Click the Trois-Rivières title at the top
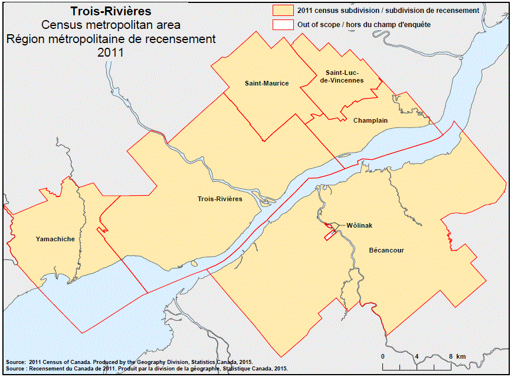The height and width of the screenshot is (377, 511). pos(110,11)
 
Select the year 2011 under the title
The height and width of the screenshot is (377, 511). pos(110,52)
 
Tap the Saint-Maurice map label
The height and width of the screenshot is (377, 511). pos(267,83)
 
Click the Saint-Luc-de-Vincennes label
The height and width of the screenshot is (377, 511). pos(340,76)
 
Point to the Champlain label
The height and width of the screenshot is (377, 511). pos(370,120)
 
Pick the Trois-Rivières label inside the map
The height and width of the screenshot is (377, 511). pos(220,199)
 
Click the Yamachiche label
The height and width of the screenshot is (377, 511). pos(55,239)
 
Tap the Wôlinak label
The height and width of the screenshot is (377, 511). pos(359,225)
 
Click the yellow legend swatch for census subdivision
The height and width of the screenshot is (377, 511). pos(283,11)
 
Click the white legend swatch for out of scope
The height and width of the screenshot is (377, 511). pos(283,25)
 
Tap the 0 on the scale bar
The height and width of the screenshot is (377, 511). pos(382,356)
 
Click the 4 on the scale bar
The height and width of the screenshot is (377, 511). pos(417,356)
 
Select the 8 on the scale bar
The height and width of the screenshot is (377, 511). pos(450,356)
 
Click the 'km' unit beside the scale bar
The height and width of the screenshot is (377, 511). pos(461,356)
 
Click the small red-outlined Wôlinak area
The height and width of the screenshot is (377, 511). pos(329,234)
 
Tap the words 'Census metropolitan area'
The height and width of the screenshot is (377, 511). pos(110,25)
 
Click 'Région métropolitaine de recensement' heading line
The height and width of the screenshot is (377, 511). pos(110,38)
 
